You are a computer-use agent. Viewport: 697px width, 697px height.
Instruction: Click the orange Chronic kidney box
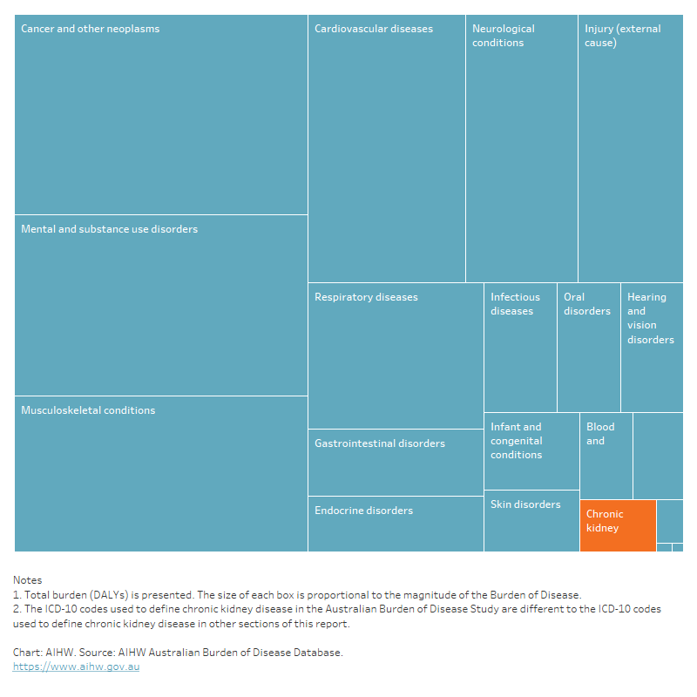point(618,525)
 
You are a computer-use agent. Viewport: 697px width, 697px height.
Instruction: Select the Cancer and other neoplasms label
point(91,29)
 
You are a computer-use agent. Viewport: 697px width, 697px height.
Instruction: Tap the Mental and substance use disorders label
point(109,229)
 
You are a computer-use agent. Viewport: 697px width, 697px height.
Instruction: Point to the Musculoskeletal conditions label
point(88,410)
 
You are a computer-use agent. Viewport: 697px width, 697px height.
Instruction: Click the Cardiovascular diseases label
point(374,29)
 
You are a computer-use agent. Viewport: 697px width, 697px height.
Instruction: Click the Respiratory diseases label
point(366,297)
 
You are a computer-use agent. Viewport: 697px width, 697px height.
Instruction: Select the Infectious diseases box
point(520,348)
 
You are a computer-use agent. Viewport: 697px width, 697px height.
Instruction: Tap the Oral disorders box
point(588,348)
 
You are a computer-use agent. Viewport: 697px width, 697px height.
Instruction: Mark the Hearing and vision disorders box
point(652,348)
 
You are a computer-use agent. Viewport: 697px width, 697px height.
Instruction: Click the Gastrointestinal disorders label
point(380,443)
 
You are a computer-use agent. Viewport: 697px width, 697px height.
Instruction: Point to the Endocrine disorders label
point(363,511)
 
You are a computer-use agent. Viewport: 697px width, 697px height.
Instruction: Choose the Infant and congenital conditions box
point(531,451)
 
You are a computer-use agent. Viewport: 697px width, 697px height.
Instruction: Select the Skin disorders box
point(531,521)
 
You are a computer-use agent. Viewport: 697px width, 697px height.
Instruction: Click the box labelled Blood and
point(606,456)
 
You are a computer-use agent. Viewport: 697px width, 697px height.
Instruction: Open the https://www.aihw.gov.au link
point(76,667)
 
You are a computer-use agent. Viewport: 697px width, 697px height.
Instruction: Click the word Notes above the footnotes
point(27,580)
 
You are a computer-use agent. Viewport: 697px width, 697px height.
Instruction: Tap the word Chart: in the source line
point(29,653)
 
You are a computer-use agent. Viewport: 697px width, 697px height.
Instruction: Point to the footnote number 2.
point(16,609)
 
